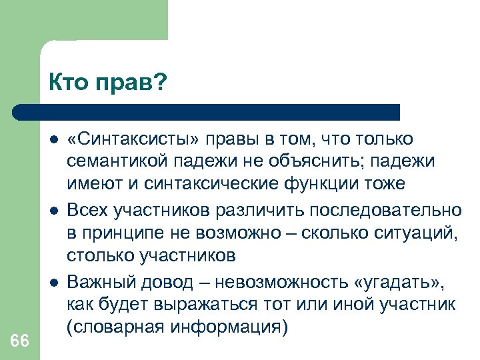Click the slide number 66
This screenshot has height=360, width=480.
20,341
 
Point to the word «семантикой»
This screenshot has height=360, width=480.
115,161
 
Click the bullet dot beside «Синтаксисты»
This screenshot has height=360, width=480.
53,139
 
